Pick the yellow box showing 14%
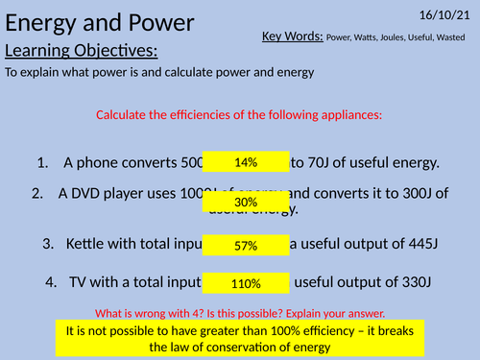pos(245,162)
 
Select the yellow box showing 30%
pos(245,203)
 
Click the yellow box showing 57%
pos(245,246)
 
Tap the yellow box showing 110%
pos(245,283)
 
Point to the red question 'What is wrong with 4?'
pos(154,314)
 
